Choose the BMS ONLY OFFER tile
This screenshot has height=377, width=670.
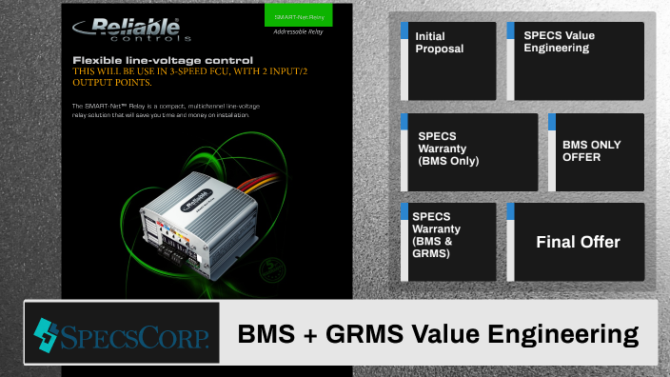point(597,151)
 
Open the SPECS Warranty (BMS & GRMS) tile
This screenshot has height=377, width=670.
point(447,242)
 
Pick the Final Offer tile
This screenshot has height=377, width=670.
point(578,242)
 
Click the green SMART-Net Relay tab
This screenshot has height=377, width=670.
point(298,15)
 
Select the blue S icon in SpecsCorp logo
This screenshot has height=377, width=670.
point(45,333)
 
